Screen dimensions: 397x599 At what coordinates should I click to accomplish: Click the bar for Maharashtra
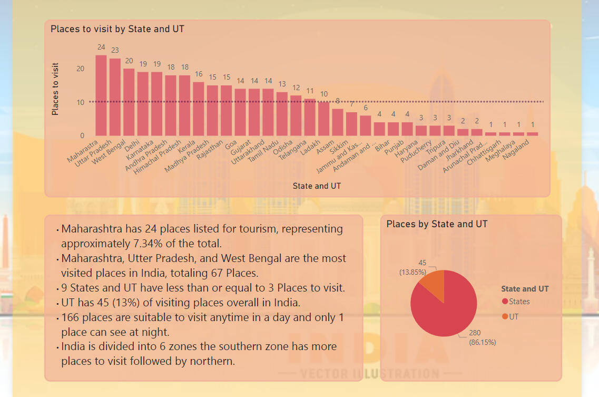click(101, 95)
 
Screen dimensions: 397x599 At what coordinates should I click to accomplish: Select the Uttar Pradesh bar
click(115, 97)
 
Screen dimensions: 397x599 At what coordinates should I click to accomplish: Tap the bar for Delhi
click(143, 104)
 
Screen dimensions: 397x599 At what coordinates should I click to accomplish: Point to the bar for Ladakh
click(323, 119)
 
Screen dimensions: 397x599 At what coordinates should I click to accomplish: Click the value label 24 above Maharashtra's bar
click(101, 47)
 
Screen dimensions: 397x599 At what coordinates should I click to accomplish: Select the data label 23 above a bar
click(115, 51)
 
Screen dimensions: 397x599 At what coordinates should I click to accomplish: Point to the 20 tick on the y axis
click(80, 69)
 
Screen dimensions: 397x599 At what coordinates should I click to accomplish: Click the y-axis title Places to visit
click(55, 89)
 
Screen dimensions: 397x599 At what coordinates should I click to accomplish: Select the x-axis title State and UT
click(317, 186)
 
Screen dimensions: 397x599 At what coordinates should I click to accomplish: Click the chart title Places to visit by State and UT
click(117, 29)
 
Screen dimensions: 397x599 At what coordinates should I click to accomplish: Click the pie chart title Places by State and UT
click(437, 224)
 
